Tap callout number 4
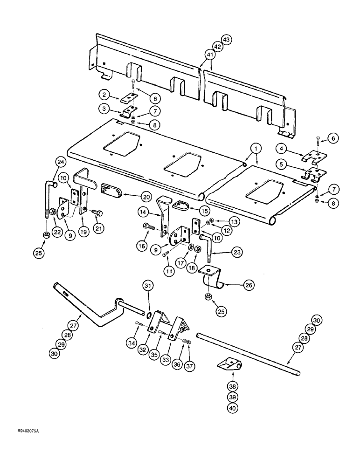click(x=280, y=150)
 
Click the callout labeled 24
click(x=61, y=163)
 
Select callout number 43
click(x=227, y=40)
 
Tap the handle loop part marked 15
click(x=180, y=204)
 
